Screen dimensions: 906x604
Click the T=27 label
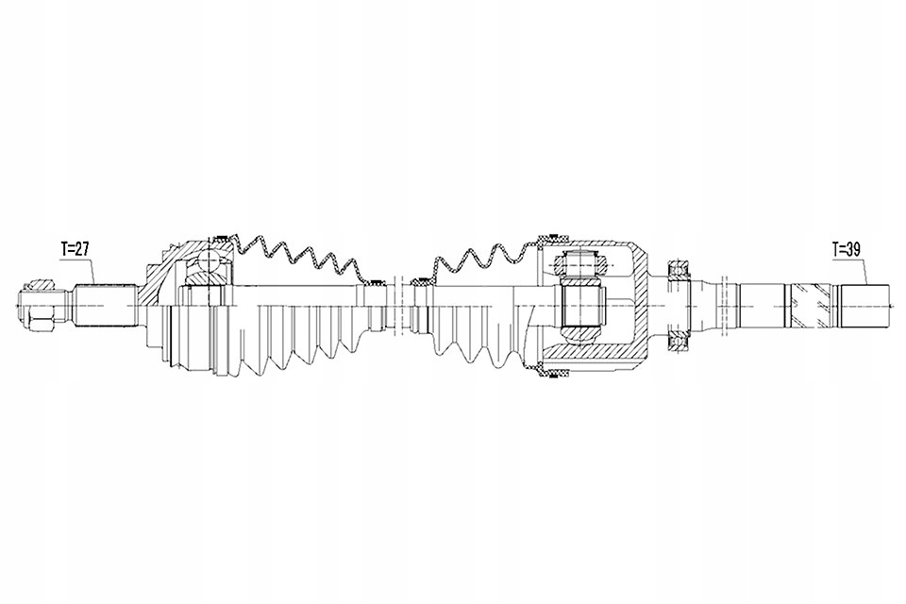[75, 249]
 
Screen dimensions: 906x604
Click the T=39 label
[847, 249]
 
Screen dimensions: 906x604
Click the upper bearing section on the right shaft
[678, 269]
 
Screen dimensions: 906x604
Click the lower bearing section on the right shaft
[678, 341]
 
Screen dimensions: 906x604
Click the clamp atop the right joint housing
[553, 238]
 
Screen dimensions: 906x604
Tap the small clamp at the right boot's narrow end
[421, 282]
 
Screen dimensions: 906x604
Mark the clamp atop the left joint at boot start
[220, 237]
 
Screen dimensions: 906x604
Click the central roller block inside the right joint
[582, 305]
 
